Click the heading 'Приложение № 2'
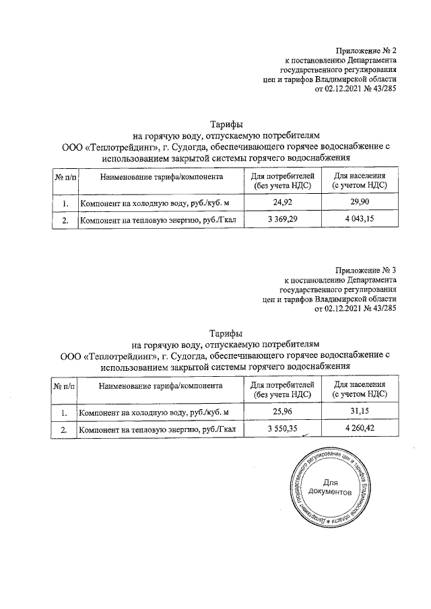tap(367, 51)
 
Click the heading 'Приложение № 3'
tap(367, 271)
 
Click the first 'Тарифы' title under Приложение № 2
tap(225, 124)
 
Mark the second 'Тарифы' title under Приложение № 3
tap(225, 333)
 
